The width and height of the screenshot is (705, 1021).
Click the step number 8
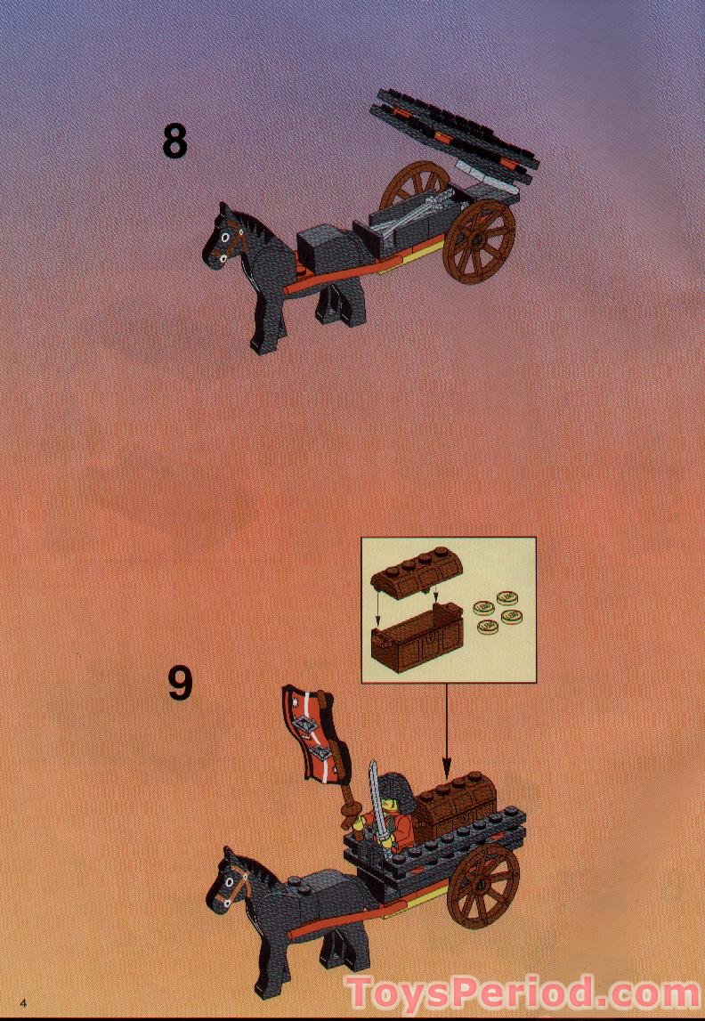[175, 141]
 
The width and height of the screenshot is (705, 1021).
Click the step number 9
[180, 683]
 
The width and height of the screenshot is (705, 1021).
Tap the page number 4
[12, 1003]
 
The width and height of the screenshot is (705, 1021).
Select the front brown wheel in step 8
[479, 242]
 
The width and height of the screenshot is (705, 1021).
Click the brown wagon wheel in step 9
[485, 885]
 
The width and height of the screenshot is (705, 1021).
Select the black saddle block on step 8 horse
[323, 241]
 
